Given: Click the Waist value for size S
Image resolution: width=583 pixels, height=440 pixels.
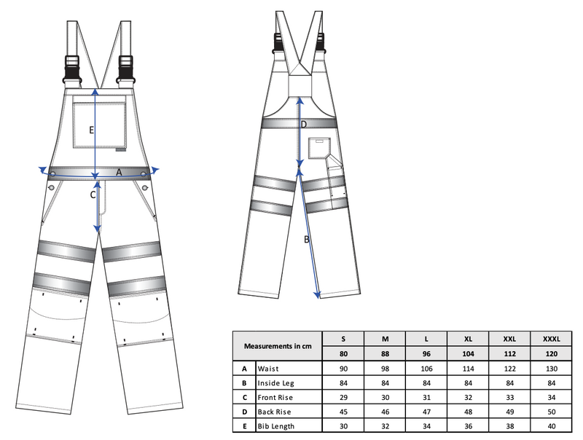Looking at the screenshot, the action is [x=343, y=369].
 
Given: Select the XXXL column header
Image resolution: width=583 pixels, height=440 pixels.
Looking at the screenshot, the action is [x=551, y=339].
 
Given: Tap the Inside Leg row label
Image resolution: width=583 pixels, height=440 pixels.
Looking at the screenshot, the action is [x=275, y=383].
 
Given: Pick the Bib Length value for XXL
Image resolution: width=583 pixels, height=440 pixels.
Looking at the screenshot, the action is [x=509, y=426].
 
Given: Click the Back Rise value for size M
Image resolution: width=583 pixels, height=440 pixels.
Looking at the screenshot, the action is [x=386, y=412].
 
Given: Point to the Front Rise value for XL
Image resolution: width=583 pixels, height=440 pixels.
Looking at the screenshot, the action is [x=468, y=397].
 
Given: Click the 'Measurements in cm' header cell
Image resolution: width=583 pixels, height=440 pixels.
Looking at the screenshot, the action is [x=278, y=346].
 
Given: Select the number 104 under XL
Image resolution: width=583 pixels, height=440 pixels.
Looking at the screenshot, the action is [x=468, y=353].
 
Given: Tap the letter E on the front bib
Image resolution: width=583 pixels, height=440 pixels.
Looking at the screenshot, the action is [x=92, y=130].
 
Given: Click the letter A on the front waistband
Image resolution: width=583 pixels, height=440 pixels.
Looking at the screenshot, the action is [x=119, y=173].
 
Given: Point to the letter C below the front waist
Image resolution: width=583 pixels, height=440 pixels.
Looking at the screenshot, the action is [x=93, y=195].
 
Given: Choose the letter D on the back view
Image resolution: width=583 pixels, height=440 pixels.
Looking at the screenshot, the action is [x=304, y=125].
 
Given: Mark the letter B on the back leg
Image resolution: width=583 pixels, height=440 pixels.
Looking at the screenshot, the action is [x=306, y=240].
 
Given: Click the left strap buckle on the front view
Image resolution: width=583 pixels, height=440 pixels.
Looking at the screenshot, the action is [x=72, y=69].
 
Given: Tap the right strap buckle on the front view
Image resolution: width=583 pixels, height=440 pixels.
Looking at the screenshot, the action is [x=125, y=69].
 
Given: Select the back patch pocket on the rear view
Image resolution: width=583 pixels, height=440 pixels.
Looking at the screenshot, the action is [x=319, y=148].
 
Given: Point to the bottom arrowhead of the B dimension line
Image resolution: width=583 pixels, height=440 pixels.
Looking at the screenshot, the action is [x=317, y=295].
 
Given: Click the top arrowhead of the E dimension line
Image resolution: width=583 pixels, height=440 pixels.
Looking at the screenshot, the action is [x=95, y=91].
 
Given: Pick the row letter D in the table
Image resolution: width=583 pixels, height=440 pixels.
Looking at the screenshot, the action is [x=244, y=412].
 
